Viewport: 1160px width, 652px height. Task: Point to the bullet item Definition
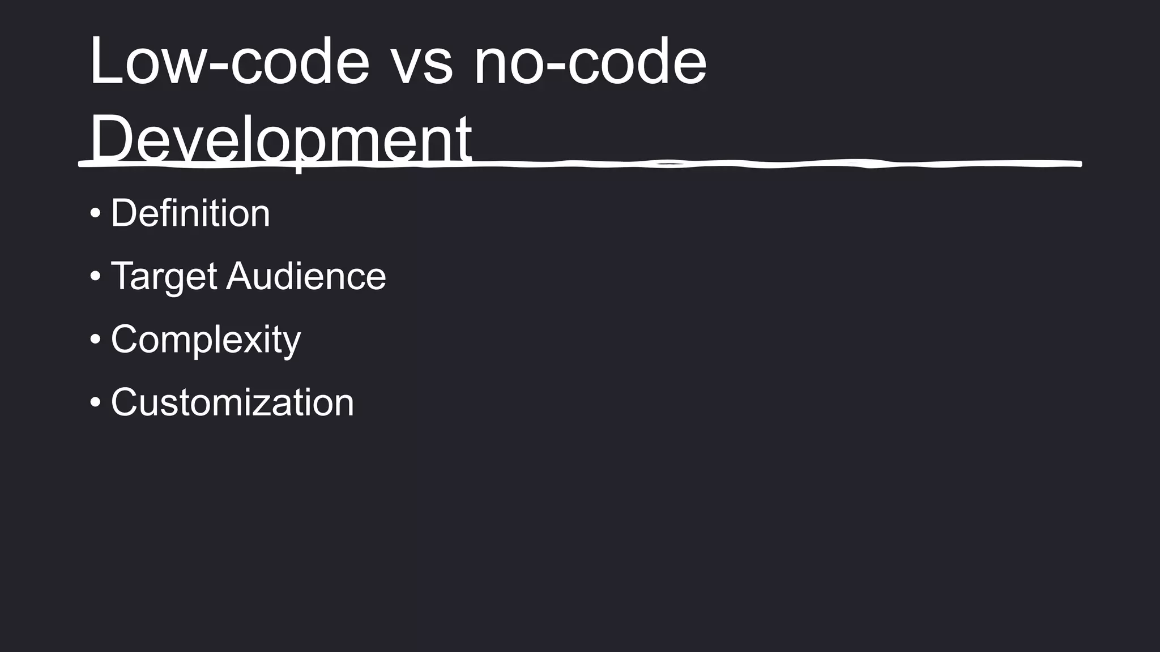[190, 213]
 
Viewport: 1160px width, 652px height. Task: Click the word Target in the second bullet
[164, 277]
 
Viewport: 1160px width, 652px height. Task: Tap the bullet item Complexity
[206, 340]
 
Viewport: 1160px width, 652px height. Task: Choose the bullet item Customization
[232, 402]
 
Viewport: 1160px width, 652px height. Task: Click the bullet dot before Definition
[95, 214]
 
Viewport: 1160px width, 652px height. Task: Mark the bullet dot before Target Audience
[95, 277]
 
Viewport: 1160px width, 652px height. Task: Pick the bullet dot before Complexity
[95, 340]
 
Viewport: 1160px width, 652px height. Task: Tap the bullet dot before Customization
[95, 402]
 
